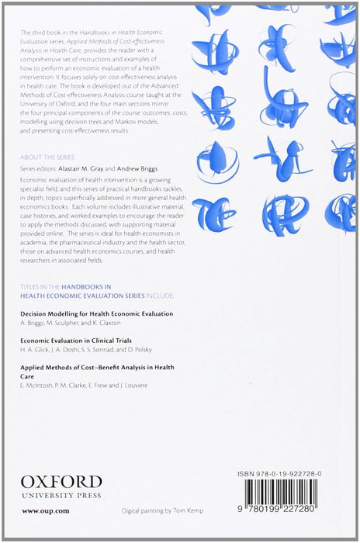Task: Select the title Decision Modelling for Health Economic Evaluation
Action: [x=96, y=313]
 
